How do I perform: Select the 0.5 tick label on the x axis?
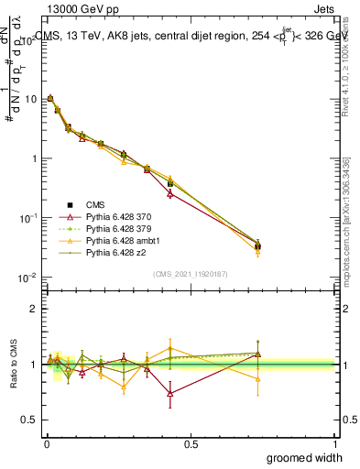pos(191,444)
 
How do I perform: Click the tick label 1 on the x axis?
pos(334,444)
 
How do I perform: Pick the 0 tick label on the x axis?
pos(47,444)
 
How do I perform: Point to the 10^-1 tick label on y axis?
pos(28,218)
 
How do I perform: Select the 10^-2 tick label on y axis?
pos(28,278)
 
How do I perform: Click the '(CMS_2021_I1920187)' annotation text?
pos(191,273)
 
